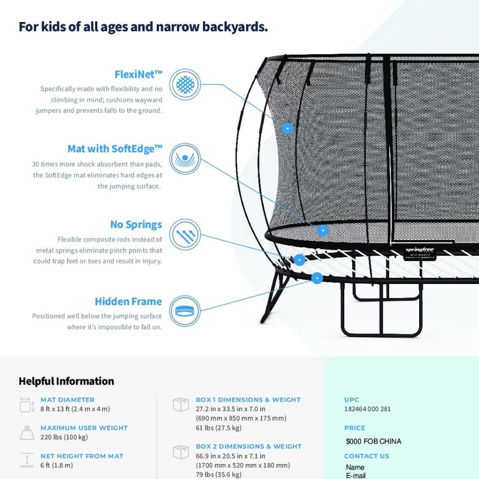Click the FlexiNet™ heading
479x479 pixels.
(x=138, y=74)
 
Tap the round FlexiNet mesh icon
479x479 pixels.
(x=185, y=84)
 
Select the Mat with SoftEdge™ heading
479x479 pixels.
(x=115, y=149)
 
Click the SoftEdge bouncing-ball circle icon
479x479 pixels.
(x=185, y=159)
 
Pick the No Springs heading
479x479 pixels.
(x=136, y=225)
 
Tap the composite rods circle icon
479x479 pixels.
(x=185, y=235)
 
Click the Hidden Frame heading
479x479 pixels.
(x=128, y=302)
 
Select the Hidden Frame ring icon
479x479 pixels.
(x=185, y=311)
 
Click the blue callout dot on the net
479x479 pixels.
(x=288, y=128)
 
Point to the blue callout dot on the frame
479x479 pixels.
(x=317, y=278)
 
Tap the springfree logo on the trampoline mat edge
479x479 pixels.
(x=420, y=250)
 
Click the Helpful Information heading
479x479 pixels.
(x=66, y=381)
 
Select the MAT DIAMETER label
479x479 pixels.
(x=67, y=399)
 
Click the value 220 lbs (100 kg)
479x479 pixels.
(x=64, y=437)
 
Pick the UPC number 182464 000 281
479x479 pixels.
(x=368, y=409)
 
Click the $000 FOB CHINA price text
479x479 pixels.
(x=374, y=442)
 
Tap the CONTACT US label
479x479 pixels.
(x=367, y=456)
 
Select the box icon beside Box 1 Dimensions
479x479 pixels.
(x=181, y=405)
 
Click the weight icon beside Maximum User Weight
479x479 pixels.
(x=27, y=433)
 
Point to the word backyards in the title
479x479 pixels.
(x=235, y=27)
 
